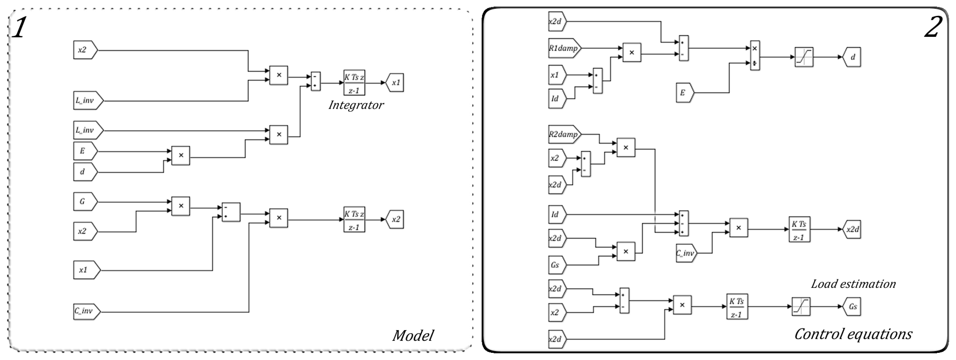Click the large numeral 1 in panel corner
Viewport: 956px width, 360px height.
click(19, 28)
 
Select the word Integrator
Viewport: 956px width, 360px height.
click(355, 105)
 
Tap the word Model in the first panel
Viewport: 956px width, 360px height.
click(413, 336)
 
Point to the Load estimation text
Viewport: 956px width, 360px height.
click(853, 284)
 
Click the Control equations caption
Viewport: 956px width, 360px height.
click(853, 334)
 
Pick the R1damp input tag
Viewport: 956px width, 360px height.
click(564, 48)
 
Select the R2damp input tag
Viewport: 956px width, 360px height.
click(564, 134)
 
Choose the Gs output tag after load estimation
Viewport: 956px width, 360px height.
click(851, 306)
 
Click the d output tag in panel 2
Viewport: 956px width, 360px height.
click(851, 57)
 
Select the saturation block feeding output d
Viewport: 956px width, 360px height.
click(804, 57)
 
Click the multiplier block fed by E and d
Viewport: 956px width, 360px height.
click(181, 155)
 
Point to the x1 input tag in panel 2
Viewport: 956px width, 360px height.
click(557, 75)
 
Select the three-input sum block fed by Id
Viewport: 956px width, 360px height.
click(684, 224)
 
